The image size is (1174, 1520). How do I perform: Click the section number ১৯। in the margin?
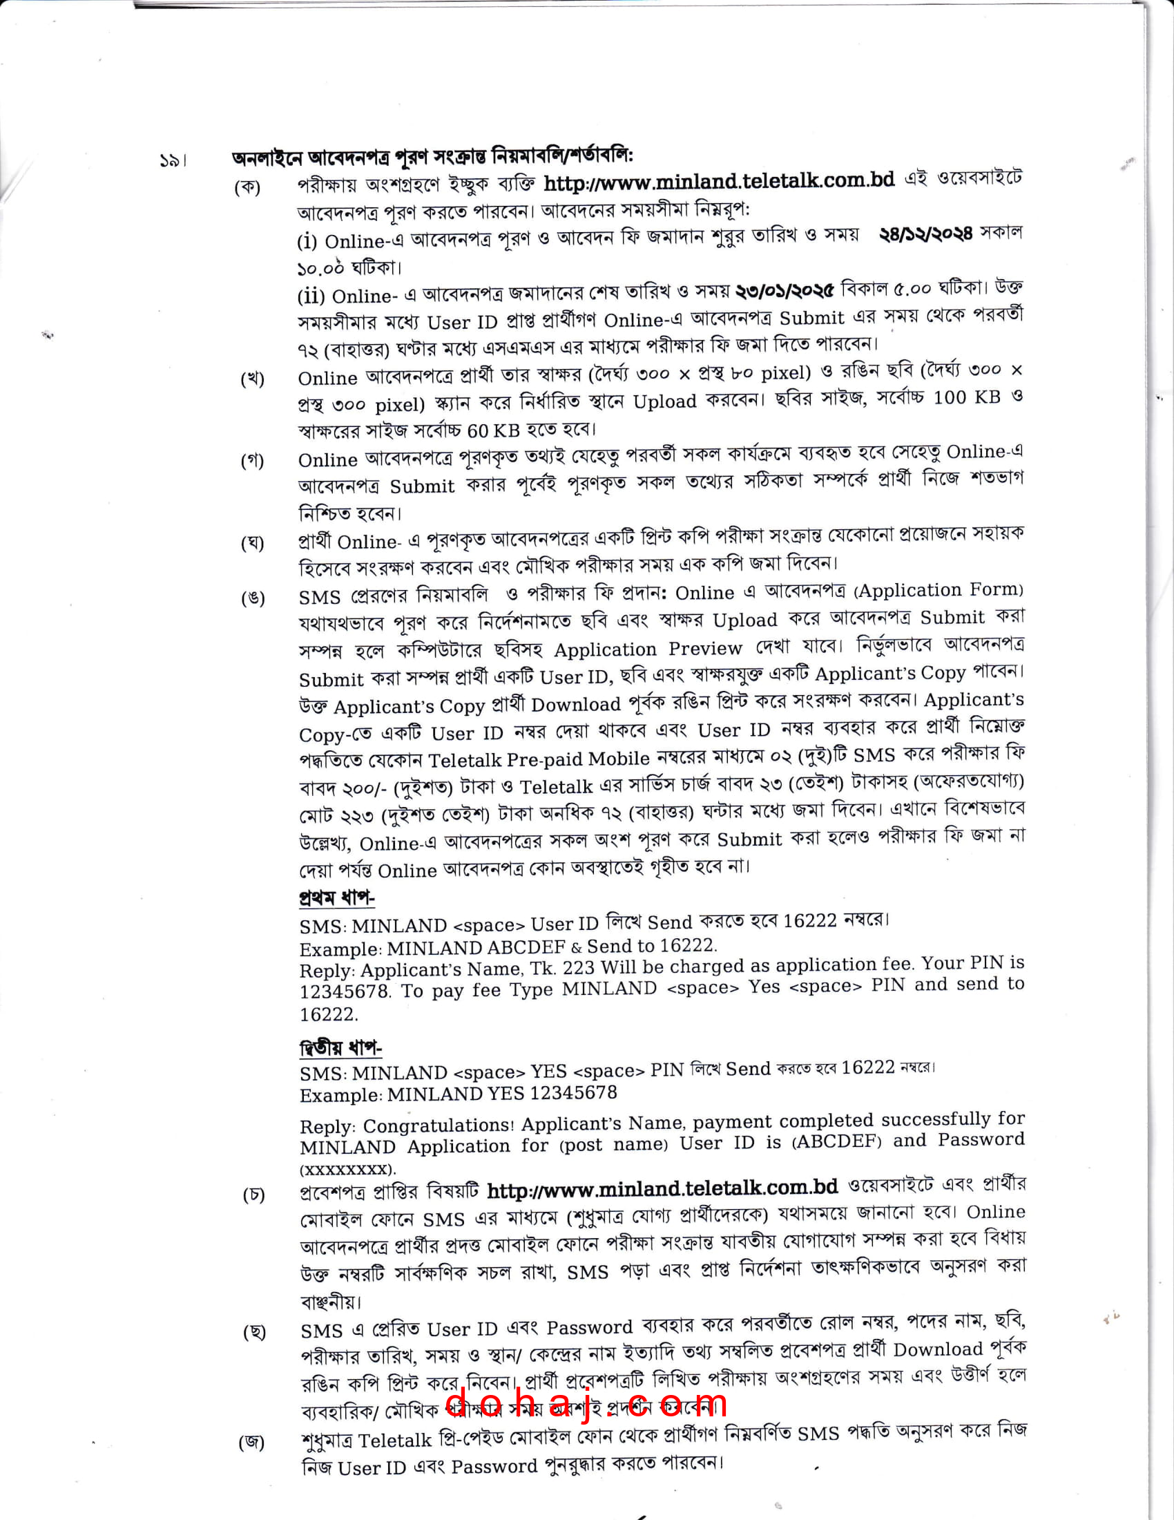point(173,162)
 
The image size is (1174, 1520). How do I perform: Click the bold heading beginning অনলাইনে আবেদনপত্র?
point(432,156)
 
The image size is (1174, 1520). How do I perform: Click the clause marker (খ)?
point(253,379)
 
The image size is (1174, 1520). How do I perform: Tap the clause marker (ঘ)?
point(253,543)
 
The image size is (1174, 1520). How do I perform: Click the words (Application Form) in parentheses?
point(939,590)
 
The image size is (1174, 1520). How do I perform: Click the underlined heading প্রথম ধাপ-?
point(336,897)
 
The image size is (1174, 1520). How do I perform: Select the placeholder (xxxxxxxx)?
point(348,1170)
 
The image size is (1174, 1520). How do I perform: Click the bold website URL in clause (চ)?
point(662,1190)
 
